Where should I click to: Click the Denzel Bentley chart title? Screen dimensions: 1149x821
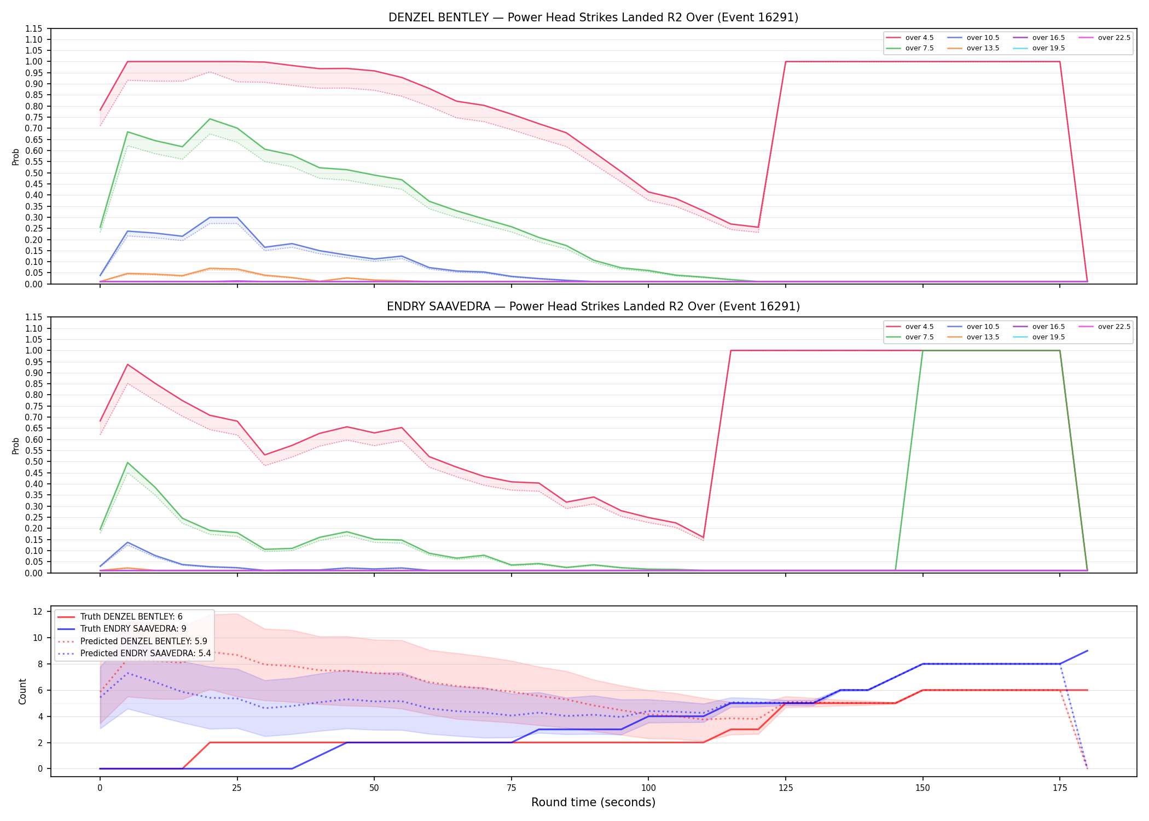tap(593, 18)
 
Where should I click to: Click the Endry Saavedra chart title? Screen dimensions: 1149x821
tap(593, 307)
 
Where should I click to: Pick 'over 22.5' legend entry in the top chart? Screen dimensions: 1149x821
tap(1104, 38)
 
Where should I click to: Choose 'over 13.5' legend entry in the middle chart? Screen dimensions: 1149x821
tap(974, 337)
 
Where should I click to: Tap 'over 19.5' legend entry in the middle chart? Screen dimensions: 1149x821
tap(1040, 337)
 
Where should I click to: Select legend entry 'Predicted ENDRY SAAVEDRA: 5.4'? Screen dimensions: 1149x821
tap(134, 653)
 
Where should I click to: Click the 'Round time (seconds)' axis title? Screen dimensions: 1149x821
tap(593, 802)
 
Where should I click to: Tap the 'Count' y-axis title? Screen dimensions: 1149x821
tap(22, 691)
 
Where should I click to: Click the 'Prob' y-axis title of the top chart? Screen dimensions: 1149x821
tap(16, 157)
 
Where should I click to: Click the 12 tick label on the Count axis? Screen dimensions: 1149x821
tap(38, 611)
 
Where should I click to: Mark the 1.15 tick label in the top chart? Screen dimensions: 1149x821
tap(34, 28)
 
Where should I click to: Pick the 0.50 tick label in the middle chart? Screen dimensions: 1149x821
tap(34, 462)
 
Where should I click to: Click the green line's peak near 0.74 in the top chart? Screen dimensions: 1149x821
tap(210, 119)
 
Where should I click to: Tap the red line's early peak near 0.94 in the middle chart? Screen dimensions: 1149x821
tap(127, 365)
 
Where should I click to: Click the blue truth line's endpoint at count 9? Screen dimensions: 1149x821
tap(1087, 651)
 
